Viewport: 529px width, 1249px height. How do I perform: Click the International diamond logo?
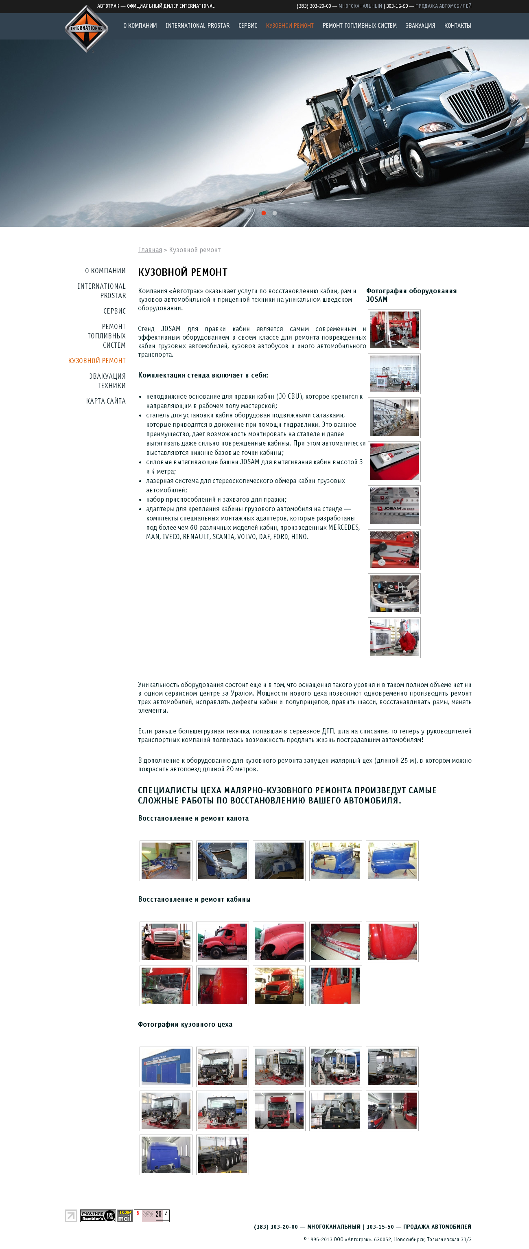point(86,29)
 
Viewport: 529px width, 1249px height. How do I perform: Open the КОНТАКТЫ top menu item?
point(457,26)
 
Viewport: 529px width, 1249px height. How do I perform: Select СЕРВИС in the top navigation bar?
point(247,26)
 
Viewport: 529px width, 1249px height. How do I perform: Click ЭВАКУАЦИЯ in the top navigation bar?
point(420,26)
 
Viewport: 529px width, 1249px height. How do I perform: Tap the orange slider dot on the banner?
point(264,213)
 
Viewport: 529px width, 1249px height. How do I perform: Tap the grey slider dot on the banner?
point(275,213)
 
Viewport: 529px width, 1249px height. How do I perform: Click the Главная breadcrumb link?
point(150,250)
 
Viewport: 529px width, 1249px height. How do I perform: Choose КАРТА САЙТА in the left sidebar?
point(106,401)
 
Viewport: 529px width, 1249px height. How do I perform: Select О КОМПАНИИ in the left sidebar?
point(105,270)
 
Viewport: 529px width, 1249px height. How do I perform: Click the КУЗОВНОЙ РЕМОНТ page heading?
point(183,272)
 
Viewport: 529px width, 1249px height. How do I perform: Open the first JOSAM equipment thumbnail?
point(394,330)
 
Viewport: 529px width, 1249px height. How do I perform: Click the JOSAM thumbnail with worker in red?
point(394,638)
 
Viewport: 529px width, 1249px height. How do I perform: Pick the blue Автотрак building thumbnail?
point(166,1067)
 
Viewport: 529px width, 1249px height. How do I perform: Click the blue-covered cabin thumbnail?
point(166,1155)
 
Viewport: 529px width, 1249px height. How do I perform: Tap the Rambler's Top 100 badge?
point(97,1216)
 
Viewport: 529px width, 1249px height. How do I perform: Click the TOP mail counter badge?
point(125,1216)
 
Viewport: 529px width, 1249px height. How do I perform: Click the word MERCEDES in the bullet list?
point(343,527)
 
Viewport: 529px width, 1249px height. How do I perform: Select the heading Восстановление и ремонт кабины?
point(194,900)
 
